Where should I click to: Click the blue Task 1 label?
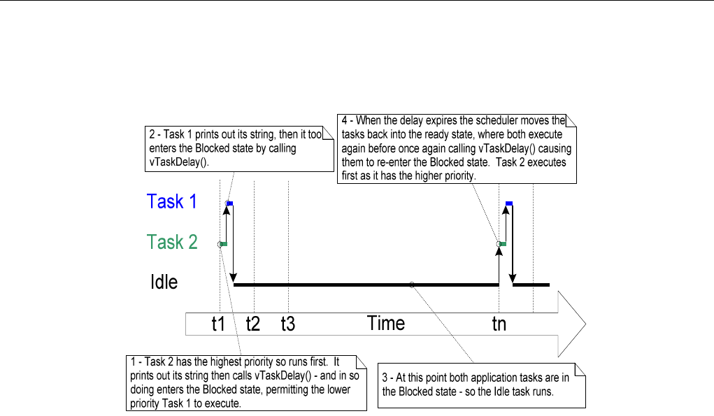pos(171,202)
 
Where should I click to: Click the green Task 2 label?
pos(172,243)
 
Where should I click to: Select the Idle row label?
pos(164,282)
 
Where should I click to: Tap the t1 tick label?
pos(219,324)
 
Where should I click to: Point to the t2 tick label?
pos(253,324)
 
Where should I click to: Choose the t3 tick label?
pos(287,324)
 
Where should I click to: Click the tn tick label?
pos(499,324)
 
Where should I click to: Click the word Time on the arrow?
pos(386,324)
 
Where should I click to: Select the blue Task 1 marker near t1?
pos(229,203)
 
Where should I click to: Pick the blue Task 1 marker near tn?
pos(509,203)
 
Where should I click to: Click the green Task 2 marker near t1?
pos(224,243)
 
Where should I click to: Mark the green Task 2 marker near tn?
pos(502,243)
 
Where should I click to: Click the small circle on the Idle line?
pos(412,284)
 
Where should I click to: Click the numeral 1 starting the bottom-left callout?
pos(132,362)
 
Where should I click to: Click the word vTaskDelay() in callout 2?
pos(169,161)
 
